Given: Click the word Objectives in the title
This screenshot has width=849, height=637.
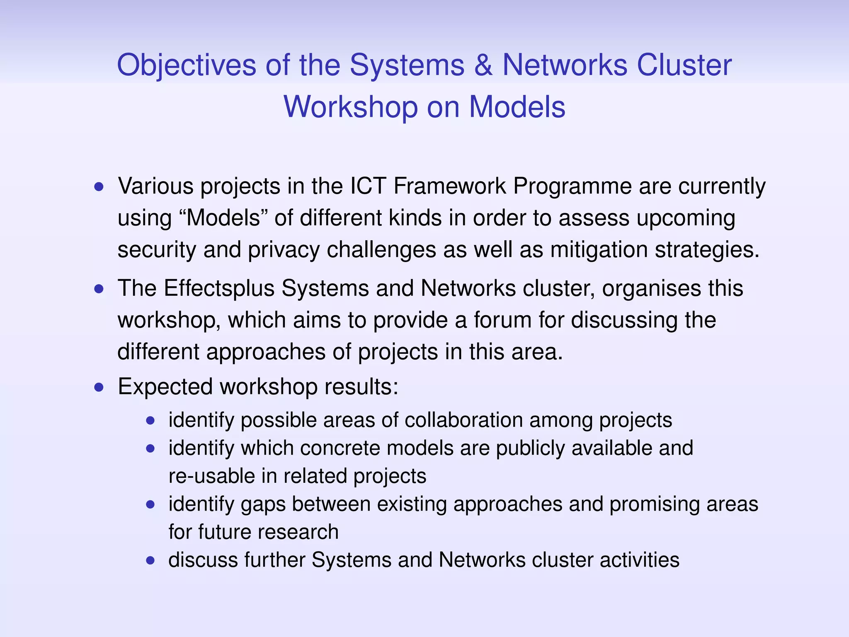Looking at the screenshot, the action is tap(187, 66).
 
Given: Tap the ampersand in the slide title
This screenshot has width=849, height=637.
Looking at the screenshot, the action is tap(483, 66).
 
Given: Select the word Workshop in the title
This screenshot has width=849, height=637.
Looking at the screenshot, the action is tap(350, 107).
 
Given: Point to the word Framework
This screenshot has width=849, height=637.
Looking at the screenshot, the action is tap(450, 186).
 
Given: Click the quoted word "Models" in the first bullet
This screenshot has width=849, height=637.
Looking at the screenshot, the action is tap(224, 218).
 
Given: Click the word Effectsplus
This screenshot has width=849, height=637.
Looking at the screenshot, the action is tap(219, 288).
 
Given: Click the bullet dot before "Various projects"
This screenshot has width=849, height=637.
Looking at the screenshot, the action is tap(99, 187).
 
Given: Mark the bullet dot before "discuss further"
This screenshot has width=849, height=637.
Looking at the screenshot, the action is tap(150, 561).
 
